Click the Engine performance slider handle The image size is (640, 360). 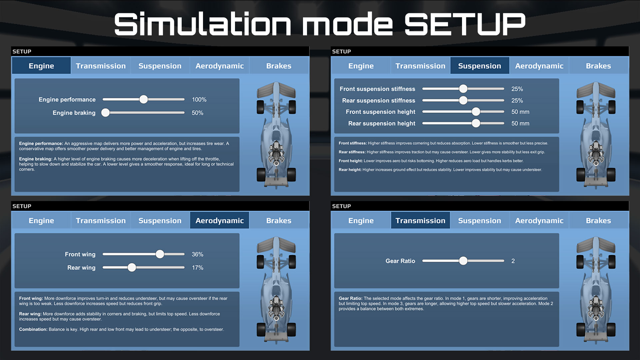(143, 99)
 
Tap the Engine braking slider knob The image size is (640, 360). (105, 113)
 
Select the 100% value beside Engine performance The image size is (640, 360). (199, 100)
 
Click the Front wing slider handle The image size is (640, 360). (160, 254)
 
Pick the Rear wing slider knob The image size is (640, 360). (132, 267)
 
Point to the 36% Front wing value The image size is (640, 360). (197, 254)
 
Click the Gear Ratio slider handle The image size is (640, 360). (463, 261)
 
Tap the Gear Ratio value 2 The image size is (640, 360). (513, 261)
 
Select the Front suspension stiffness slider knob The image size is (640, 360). (463, 89)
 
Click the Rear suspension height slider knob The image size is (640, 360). (476, 123)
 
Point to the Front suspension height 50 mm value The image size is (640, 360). (520, 112)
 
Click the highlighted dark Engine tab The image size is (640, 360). (41, 66)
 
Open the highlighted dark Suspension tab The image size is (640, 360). (479, 66)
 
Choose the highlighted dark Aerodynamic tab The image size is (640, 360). (219, 220)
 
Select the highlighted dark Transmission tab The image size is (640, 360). (420, 220)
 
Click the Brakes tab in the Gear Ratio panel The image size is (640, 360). (598, 220)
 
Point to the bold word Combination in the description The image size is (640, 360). (33, 329)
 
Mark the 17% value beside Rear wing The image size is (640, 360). (197, 268)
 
